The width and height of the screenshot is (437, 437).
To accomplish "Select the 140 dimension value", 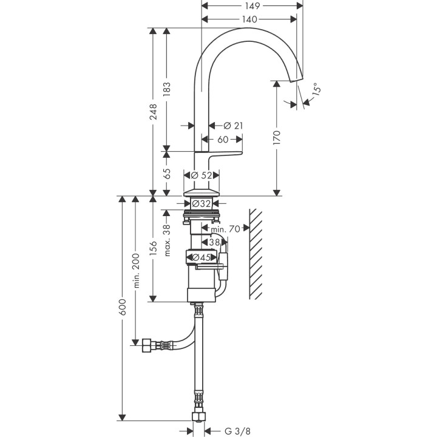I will click(x=249, y=19).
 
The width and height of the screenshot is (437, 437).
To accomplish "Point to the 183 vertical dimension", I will click(x=167, y=89).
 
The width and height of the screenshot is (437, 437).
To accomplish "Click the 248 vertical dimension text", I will click(x=154, y=112).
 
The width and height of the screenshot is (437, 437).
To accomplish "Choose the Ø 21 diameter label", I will click(x=233, y=125).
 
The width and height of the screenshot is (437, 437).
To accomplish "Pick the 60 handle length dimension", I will click(x=222, y=140).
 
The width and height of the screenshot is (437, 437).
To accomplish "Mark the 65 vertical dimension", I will click(x=167, y=174).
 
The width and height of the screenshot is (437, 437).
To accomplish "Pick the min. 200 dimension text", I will click(x=136, y=271).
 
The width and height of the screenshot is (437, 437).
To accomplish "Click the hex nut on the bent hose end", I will click(x=146, y=345).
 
